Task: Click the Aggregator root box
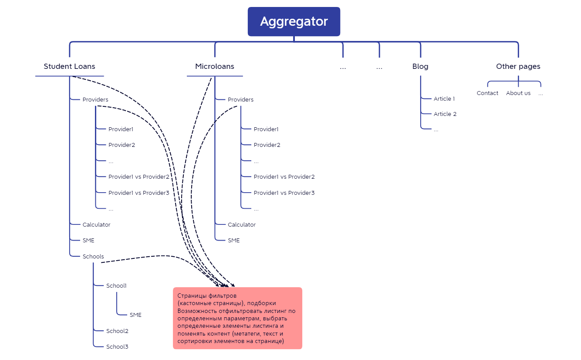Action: (294, 21)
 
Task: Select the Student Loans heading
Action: (69, 67)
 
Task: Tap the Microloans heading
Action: (215, 67)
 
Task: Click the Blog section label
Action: (420, 67)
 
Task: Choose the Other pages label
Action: (518, 67)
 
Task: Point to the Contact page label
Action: (487, 93)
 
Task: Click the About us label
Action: (518, 93)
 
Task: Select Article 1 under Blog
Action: (444, 99)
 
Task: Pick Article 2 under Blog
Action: (445, 114)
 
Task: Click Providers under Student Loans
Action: (95, 100)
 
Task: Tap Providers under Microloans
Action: (240, 100)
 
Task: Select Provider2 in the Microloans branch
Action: (267, 145)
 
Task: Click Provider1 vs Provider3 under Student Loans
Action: (138, 193)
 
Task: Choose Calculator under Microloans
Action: (242, 225)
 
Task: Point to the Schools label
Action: (93, 257)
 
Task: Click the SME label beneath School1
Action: (135, 315)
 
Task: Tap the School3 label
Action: (117, 347)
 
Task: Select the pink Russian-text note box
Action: (237, 318)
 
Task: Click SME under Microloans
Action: (234, 241)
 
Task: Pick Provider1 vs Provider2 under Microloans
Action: (284, 177)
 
